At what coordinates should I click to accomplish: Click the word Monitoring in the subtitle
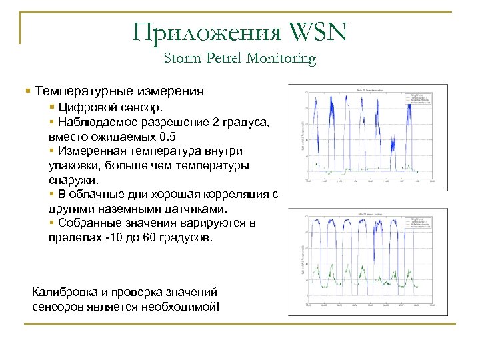click(x=281, y=59)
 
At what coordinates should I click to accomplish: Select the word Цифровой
click(x=85, y=107)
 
